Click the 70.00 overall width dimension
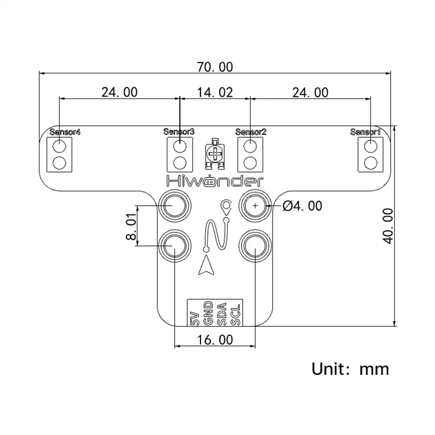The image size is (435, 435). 215,67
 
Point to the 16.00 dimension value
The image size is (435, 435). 215,340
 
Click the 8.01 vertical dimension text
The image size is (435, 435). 131,227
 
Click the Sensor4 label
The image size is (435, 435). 65,132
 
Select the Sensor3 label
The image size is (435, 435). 179,132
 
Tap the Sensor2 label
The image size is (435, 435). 250,132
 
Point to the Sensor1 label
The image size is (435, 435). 365,132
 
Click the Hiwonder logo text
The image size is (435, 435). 214,181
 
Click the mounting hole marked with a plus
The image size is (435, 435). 255,206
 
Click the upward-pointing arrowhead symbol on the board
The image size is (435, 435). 206,265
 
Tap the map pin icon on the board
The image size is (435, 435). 226,208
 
